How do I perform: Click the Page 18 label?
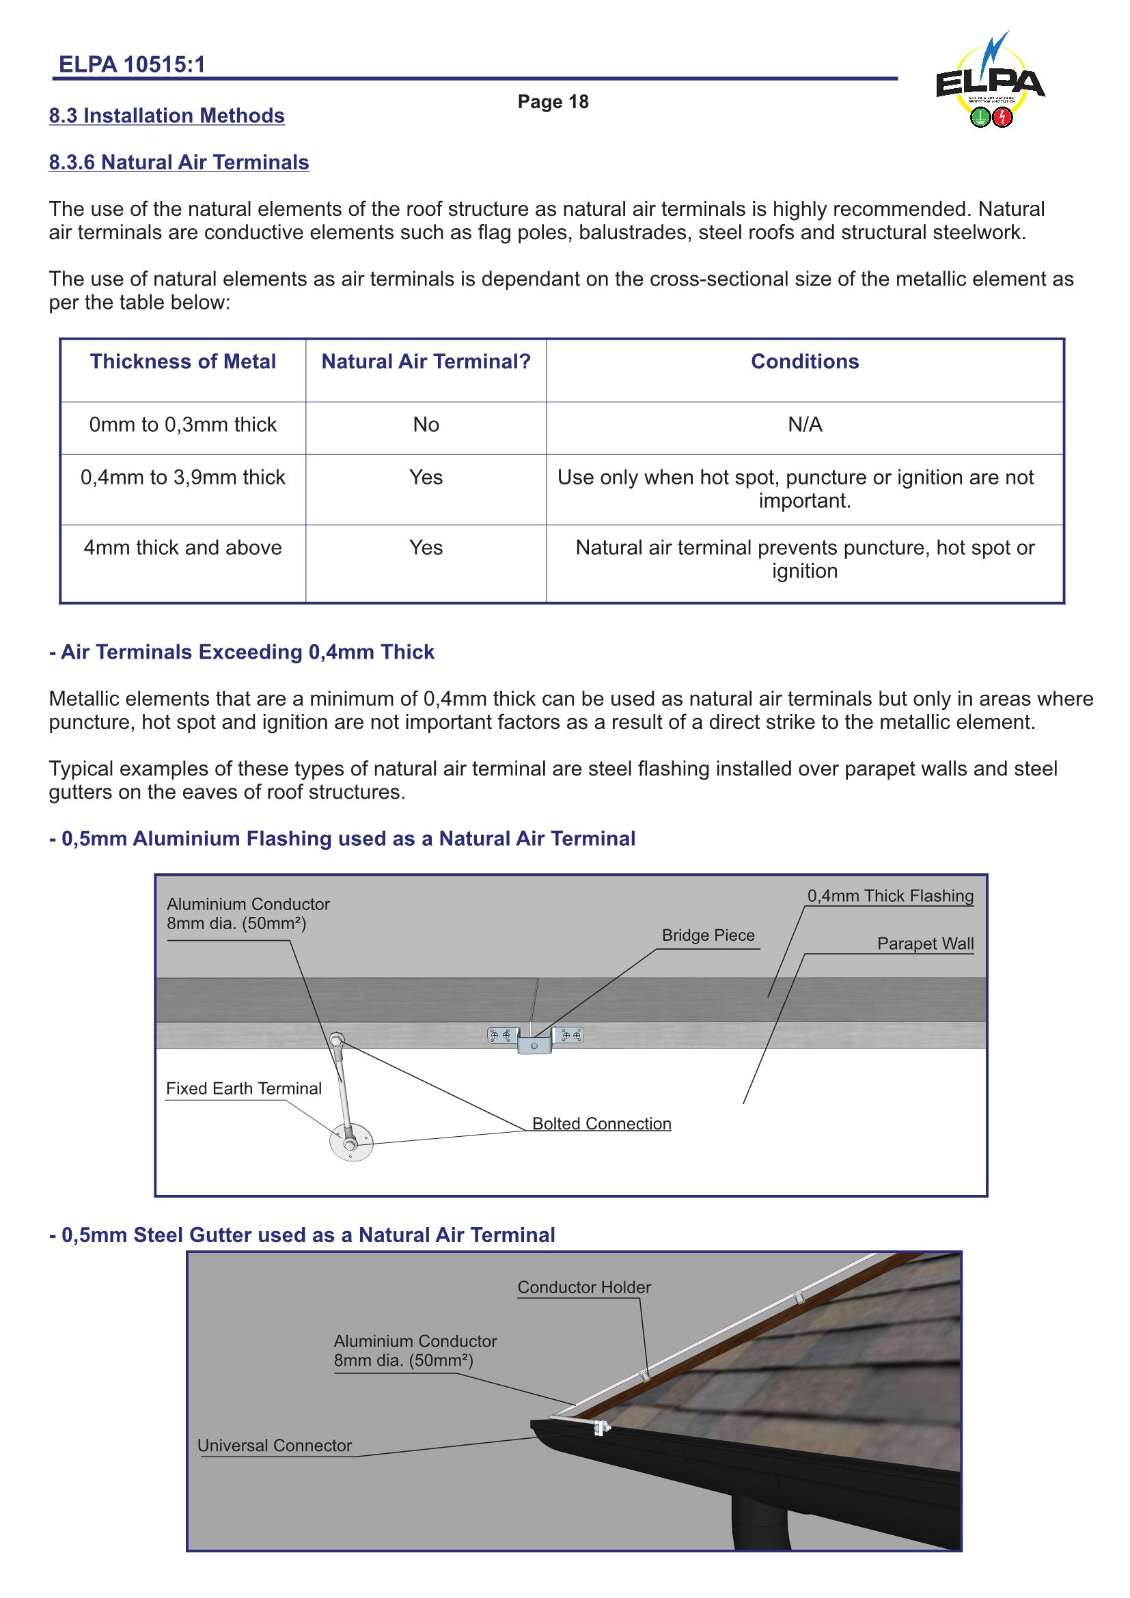pos(553,102)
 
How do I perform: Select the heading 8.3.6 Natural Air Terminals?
pos(179,162)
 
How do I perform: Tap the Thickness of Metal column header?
pos(182,361)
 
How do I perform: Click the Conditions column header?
pos(804,361)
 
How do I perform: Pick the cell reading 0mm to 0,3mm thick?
pos(182,424)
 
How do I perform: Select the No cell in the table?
pos(426,424)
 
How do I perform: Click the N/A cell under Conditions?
pos(804,424)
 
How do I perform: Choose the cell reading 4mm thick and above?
pos(182,548)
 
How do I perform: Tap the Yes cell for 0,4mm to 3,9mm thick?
pos(426,478)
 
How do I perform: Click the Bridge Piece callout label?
pos(708,935)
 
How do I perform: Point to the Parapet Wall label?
pos(925,943)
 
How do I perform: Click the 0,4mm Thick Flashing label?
pos(890,896)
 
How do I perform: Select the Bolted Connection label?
pos(601,1124)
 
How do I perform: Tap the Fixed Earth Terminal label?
pos(243,1088)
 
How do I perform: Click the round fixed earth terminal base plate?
pos(350,1144)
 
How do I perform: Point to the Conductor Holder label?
pos(583,1288)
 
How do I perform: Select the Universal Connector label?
pos(274,1446)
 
